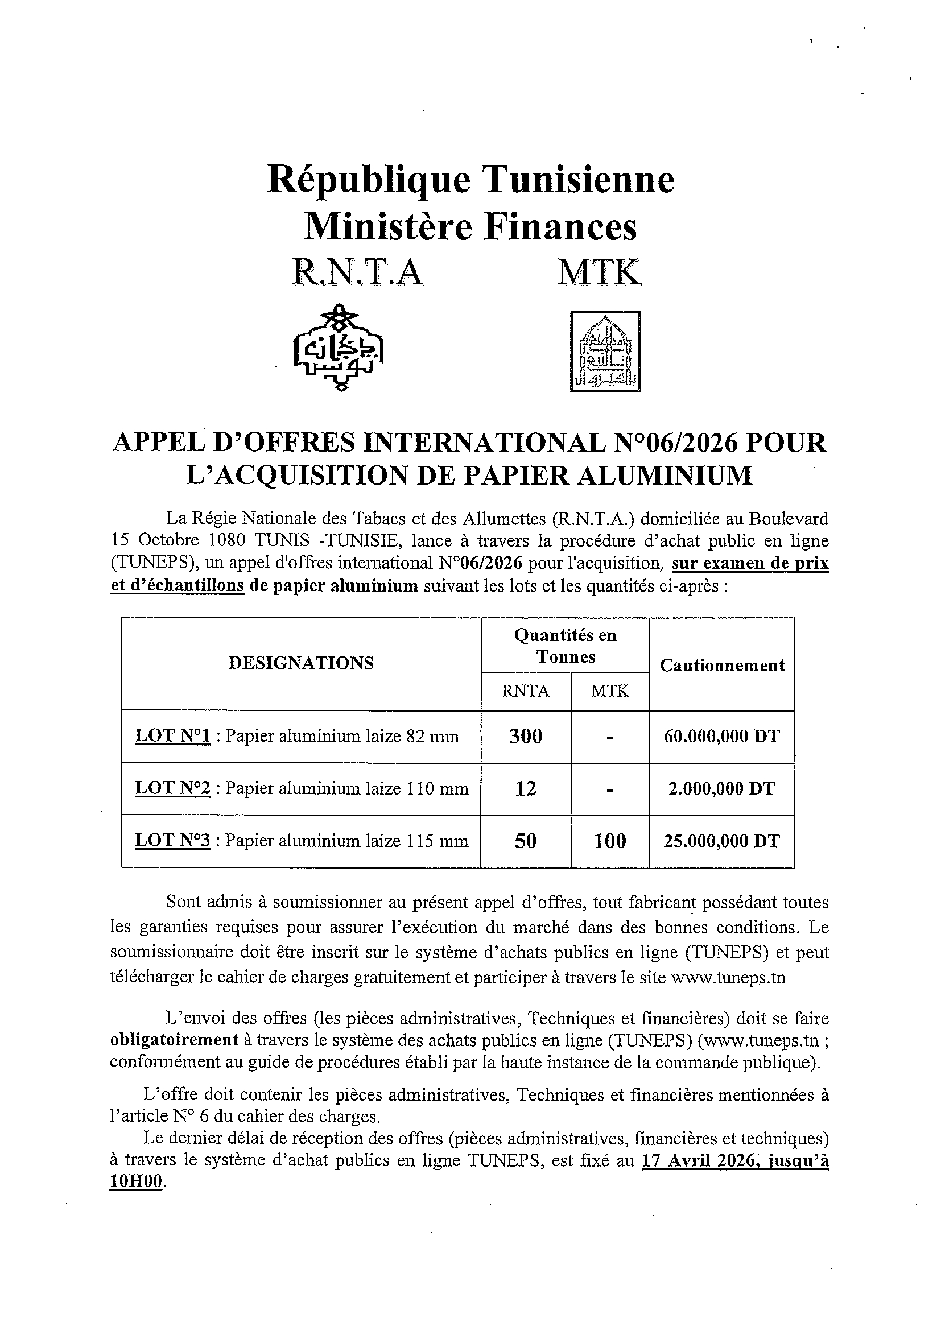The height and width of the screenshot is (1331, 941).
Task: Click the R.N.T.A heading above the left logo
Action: coord(358,272)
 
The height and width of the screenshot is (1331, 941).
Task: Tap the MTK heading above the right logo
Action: coord(600,272)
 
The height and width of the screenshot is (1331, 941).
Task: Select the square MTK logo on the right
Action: coord(606,352)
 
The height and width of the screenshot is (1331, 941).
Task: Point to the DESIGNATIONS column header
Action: coord(301,663)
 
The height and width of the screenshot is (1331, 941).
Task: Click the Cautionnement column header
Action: coord(722,665)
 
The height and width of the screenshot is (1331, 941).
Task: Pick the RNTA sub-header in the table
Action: coord(525,691)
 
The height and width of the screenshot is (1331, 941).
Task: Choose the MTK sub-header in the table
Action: coord(610,691)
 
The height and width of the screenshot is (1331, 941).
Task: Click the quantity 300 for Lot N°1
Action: coord(525,737)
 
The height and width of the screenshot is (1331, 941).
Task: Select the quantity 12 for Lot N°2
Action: coord(525,789)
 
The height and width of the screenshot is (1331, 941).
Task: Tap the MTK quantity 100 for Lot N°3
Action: coord(610,841)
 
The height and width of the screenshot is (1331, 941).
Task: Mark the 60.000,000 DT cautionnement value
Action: coord(722,737)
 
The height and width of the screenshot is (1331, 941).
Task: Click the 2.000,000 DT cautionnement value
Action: coord(722,789)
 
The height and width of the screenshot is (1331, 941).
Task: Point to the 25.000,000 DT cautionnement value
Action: coord(722,841)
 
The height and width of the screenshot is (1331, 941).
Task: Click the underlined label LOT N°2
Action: coord(172,788)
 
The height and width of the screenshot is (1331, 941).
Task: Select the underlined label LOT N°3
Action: coord(172,841)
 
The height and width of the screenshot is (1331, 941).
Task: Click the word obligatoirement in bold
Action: coord(174,1040)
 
